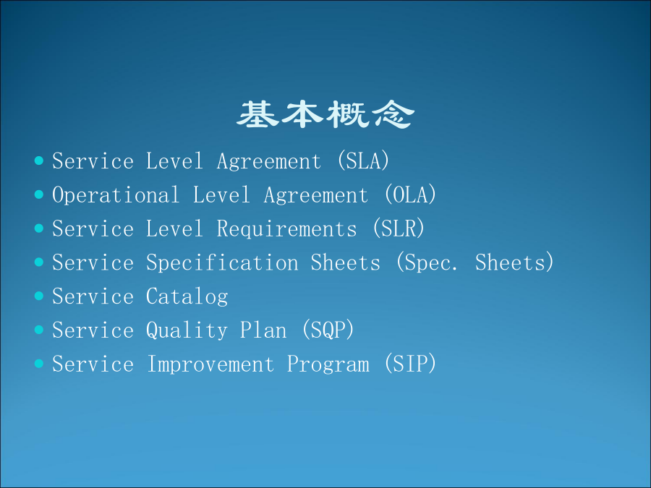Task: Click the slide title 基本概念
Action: (325, 114)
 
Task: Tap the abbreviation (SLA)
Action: (364, 161)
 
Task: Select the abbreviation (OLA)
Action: (411, 194)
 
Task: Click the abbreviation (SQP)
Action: (328, 330)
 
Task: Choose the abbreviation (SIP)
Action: (411, 364)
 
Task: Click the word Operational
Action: (116, 194)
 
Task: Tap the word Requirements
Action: (287, 229)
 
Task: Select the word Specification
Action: (222, 263)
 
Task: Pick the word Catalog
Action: (187, 297)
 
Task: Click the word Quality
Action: (187, 330)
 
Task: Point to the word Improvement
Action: (210, 364)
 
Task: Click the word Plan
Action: (263, 330)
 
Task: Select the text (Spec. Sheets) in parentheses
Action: (475, 262)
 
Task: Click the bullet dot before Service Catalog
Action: (39, 296)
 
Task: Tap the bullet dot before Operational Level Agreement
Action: (39, 194)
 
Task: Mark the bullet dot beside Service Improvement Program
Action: (39, 364)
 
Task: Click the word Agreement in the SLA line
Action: (269, 162)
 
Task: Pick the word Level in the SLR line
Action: (174, 229)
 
